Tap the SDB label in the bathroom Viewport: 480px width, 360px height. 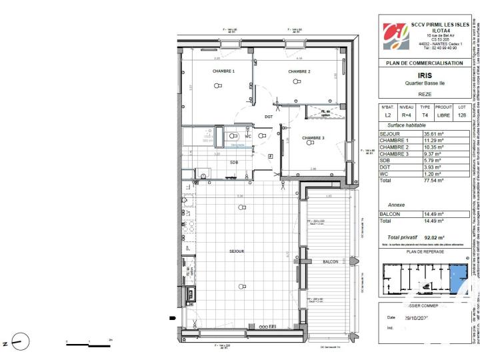(x=216, y=162)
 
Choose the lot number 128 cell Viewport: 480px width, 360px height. (x=462, y=115)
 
